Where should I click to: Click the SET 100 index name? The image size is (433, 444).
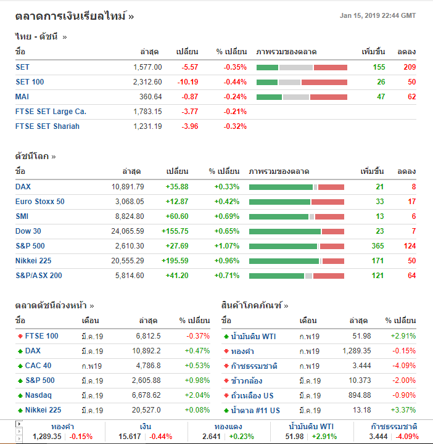tap(30, 82)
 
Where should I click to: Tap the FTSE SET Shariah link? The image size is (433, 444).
tap(47, 126)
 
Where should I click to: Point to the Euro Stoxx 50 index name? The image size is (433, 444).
tap(40, 202)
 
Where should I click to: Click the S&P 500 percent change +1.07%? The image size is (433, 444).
tap(226, 246)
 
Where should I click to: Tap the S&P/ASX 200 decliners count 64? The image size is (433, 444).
tap(411, 276)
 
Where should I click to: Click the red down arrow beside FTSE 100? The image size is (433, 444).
tap(20, 336)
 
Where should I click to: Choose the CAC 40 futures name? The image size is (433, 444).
tap(38, 366)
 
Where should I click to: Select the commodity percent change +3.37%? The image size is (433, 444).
tap(403, 410)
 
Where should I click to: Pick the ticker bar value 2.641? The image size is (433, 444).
tap(212, 437)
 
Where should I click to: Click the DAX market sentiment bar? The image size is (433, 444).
tap(297, 187)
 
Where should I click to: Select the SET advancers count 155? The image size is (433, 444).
tap(379, 67)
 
